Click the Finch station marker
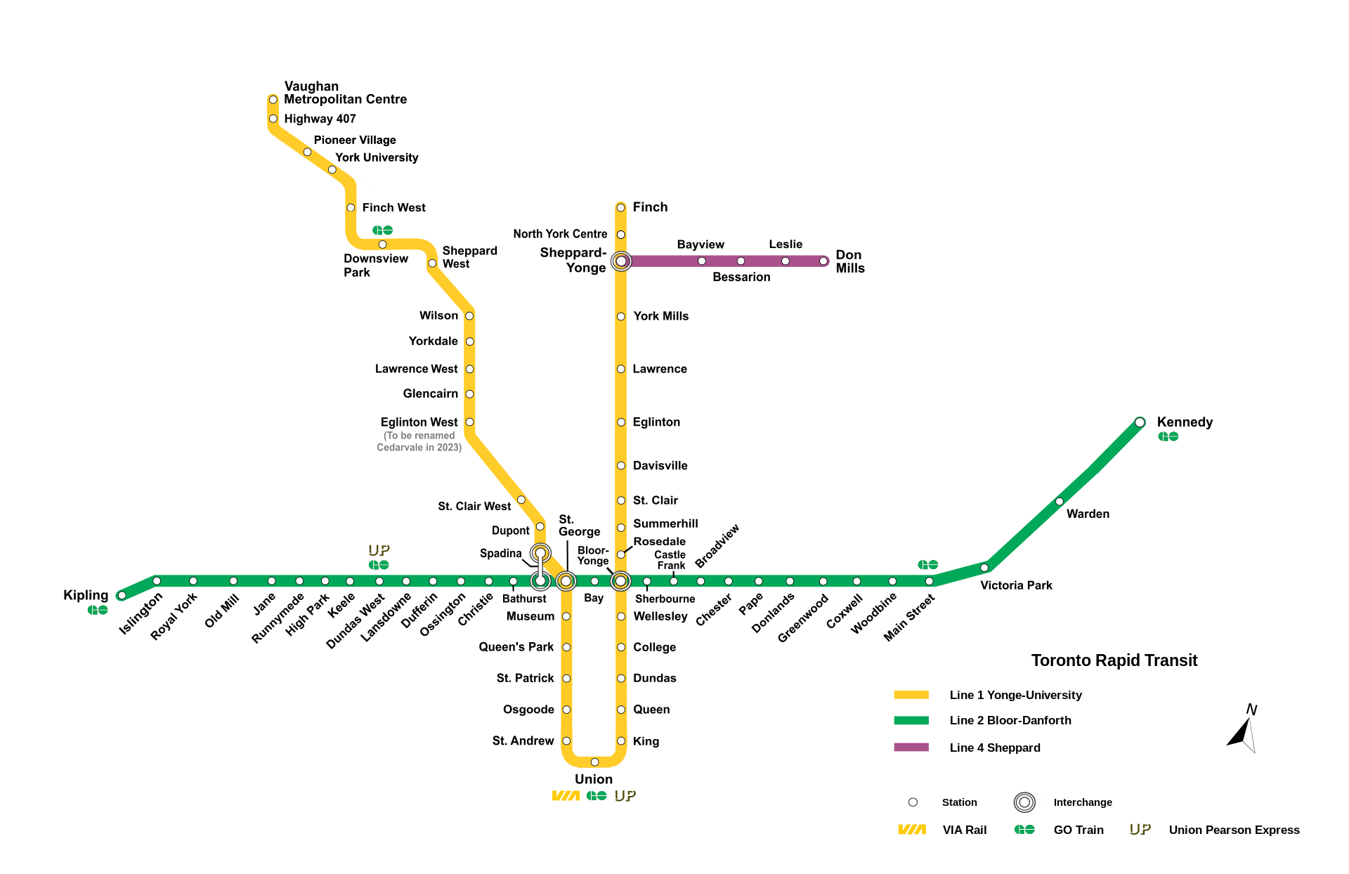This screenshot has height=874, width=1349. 620,207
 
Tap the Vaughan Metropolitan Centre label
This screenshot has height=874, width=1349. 345,93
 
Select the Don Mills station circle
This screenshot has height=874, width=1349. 823,261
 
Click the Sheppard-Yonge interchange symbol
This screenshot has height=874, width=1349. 621,261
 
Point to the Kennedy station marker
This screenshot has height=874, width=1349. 1140,422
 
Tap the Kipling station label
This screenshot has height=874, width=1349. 86,595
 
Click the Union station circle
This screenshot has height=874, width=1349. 594,762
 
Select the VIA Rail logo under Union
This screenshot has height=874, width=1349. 566,796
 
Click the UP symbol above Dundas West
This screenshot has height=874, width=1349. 379,550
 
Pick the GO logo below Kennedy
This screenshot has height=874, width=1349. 1168,437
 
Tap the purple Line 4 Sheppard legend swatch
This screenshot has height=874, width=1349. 911,747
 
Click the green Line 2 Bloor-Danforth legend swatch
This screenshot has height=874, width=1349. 911,720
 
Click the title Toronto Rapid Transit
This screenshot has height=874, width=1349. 1114,660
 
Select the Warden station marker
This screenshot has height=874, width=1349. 1059,502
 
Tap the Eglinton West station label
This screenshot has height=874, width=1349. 419,422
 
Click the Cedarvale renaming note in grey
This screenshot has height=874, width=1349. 419,441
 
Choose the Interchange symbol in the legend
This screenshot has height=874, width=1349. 1024,802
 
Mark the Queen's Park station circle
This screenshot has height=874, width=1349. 566,647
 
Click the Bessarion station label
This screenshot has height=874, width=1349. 741,277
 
